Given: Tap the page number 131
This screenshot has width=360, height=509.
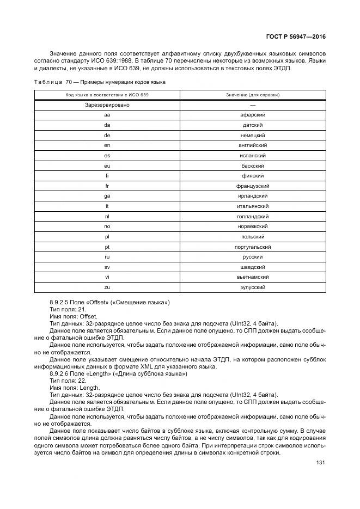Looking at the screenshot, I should tap(320, 463).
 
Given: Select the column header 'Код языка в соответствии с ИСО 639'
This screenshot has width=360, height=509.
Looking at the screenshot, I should tap(107, 95).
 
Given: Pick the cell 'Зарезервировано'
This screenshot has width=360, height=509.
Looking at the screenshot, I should tap(107, 105).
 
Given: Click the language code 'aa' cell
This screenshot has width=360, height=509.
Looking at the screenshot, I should tap(107, 115).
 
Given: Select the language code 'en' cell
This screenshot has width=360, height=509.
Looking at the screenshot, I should tap(107, 145).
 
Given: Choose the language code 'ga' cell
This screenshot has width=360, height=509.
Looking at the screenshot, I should tap(107, 196).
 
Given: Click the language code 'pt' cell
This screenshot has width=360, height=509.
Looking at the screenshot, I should tap(107, 247).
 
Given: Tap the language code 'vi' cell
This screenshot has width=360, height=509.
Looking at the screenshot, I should tap(107, 277).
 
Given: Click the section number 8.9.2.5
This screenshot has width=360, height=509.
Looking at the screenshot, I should tap(62, 302).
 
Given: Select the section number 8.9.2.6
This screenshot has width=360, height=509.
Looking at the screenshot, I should tap(62, 374).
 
